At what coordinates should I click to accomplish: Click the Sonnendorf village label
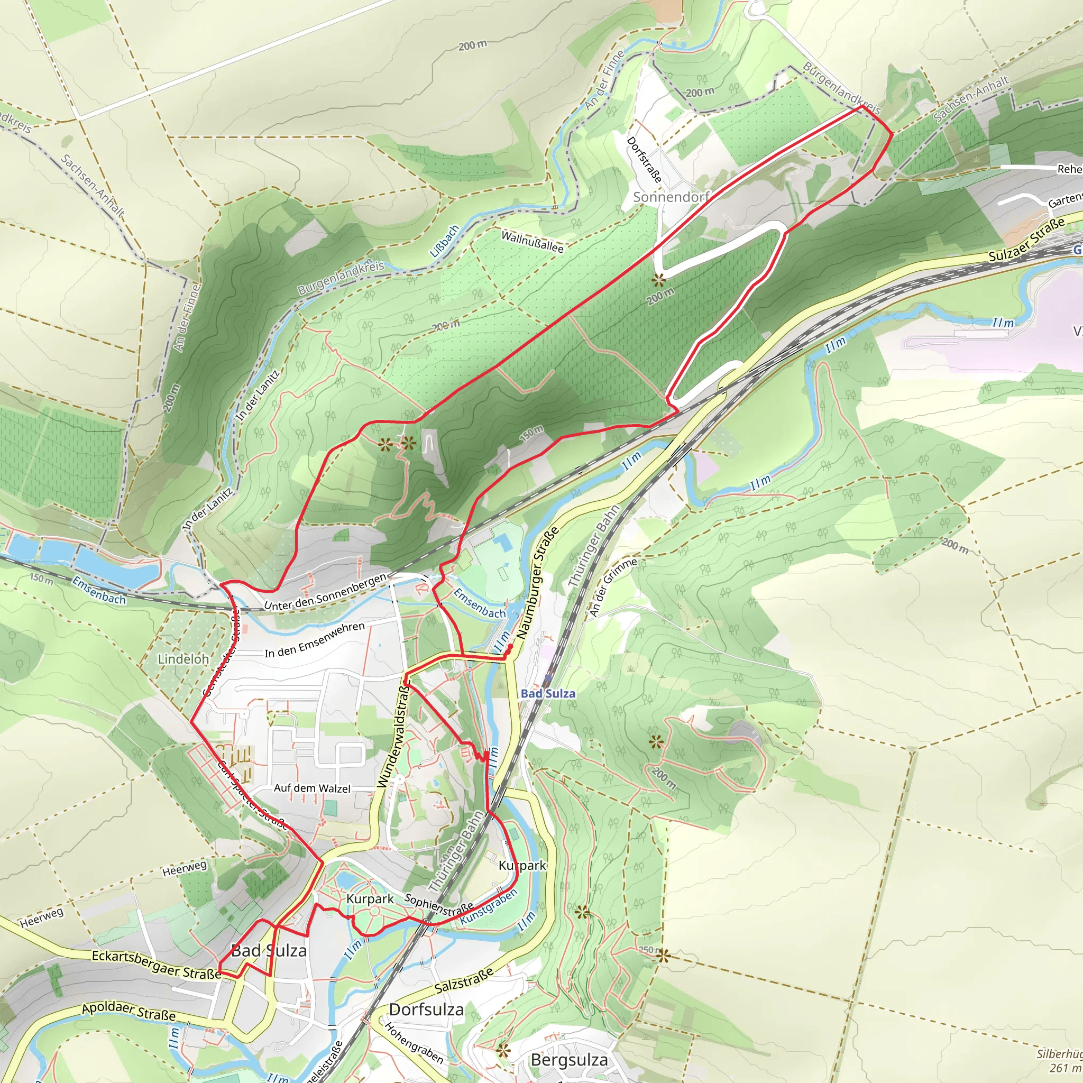pos(671,197)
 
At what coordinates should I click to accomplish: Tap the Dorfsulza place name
pos(426,1009)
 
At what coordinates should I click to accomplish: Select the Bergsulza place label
pos(569,1060)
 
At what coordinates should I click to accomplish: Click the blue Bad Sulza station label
pos(548,693)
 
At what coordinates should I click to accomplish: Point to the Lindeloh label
pos(183,659)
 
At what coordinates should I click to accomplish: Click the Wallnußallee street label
pos(532,241)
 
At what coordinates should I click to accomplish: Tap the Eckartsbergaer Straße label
pos(157,965)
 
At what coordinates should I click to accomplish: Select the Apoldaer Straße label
pos(129,1011)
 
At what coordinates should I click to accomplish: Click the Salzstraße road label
pos(464,980)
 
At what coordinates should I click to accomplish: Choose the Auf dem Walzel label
pos(312,788)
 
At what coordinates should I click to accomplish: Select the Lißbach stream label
pos(444,241)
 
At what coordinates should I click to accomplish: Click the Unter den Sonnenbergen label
pos(325,592)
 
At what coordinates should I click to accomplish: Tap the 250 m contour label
pos(646,950)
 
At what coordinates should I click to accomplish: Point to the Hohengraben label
pos(414,1043)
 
